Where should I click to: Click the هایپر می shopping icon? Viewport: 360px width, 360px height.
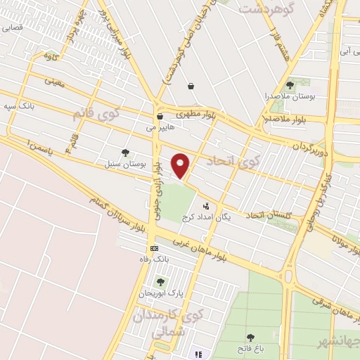[x=160, y=117]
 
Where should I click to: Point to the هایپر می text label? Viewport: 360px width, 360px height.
[x=160, y=129]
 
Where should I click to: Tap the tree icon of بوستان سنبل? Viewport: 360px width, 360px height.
[x=126, y=153]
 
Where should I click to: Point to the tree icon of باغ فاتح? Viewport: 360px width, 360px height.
[x=250, y=338]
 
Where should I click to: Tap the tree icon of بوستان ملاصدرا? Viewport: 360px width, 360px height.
[x=290, y=85]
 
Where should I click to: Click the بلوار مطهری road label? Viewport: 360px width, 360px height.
[x=198, y=112]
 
